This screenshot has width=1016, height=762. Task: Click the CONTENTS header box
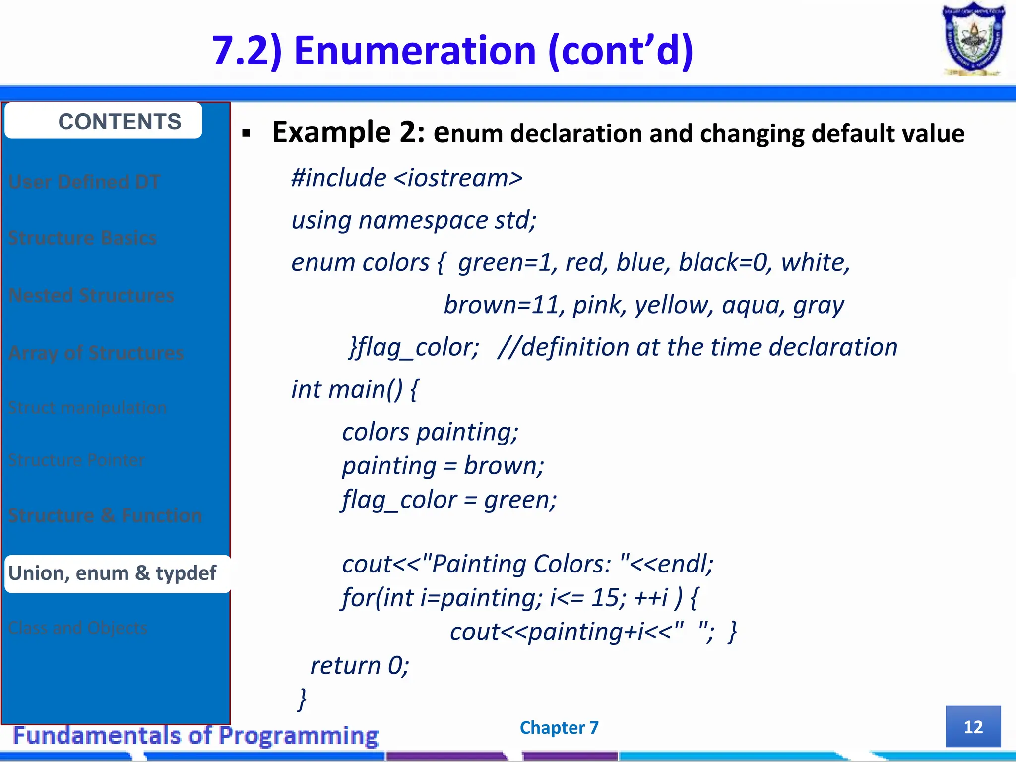tap(103, 121)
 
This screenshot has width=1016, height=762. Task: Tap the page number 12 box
tap(973, 727)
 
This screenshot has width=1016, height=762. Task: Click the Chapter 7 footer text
tap(559, 728)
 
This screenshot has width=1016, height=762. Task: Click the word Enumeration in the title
tap(415, 51)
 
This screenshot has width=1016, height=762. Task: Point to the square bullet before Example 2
tap(247, 133)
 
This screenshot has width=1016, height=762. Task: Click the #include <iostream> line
tap(407, 178)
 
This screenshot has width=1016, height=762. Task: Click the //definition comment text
tap(698, 347)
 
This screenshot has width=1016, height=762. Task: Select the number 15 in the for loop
tap(605, 597)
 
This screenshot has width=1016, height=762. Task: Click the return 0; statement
tap(360, 665)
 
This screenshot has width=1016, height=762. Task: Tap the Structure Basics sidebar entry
tap(83, 238)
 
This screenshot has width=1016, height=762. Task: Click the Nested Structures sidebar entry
tap(91, 296)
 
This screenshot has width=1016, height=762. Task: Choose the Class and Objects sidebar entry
tap(78, 628)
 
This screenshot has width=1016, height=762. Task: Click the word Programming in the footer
tap(299, 736)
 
